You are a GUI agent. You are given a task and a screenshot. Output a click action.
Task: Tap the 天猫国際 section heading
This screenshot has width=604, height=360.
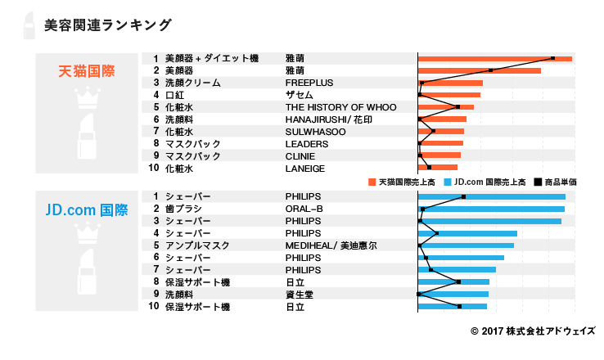pyautogui.click(x=87, y=70)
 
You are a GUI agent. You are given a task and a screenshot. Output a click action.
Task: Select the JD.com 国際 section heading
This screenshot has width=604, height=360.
pyautogui.click(x=87, y=209)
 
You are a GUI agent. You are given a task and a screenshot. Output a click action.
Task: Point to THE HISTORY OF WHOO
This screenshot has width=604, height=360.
pyautogui.click(x=340, y=107)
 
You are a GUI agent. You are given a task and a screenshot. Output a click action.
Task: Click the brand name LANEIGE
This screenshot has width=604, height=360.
pyautogui.click(x=304, y=169)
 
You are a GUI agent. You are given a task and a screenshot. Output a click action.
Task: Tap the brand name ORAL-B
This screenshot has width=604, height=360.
pyautogui.click(x=304, y=209)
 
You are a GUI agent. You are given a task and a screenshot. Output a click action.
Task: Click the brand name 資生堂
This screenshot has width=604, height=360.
pyautogui.click(x=299, y=295)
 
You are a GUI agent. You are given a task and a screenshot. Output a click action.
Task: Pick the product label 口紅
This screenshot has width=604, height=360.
pyautogui.click(x=174, y=95)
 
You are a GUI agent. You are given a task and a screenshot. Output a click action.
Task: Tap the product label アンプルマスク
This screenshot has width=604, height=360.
pyautogui.click(x=196, y=245)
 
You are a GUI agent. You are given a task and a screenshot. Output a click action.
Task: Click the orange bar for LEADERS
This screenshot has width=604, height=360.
pyautogui.click(x=440, y=143)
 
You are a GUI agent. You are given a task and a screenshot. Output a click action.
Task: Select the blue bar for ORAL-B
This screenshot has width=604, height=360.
pyautogui.click(x=491, y=209)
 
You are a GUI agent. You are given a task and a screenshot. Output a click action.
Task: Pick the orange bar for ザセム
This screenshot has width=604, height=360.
pyautogui.click(x=448, y=95)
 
